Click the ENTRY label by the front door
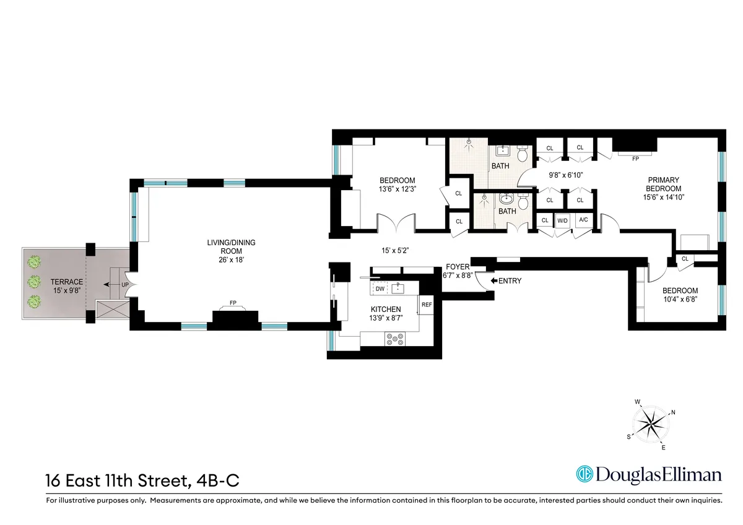510,280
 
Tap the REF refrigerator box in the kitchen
426,305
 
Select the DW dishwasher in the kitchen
379,289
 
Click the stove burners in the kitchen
394,339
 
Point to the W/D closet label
562,220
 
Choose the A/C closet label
583,220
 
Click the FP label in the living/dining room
233,303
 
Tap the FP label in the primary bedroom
635,159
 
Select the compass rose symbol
650,425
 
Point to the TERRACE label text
67,282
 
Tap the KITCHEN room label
386,309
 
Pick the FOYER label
458,267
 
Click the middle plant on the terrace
35,282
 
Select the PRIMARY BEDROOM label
663,184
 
